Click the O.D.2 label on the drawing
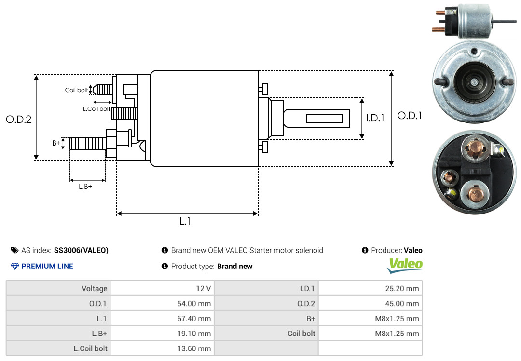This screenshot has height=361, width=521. (19, 119)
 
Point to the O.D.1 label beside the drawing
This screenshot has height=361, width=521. (410, 116)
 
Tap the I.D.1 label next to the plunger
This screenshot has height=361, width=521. (375, 118)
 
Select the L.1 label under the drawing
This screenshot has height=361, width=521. (185, 221)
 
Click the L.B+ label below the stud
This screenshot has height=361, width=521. (85, 187)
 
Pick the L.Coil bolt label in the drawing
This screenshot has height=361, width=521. (96, 108)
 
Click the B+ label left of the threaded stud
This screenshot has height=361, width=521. (56, 143)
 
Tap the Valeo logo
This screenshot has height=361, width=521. (405, 266)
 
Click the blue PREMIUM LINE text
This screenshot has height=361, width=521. (47, 267)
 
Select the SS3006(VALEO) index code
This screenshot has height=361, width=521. (81, 251)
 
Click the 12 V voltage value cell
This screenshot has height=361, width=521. (163, 288)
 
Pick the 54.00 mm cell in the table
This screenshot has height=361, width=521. (163, 303)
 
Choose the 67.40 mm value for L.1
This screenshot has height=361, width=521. (163, 319)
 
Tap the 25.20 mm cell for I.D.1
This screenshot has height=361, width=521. (370, 288)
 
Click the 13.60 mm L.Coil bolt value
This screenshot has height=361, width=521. (163, 348)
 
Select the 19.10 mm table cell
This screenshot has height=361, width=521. (163, 334)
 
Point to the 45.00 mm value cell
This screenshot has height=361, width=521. (370, 303)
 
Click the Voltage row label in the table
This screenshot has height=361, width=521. (95, 289)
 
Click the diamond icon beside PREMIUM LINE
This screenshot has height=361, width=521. (15, 267)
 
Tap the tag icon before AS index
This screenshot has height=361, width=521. (14, 250)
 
